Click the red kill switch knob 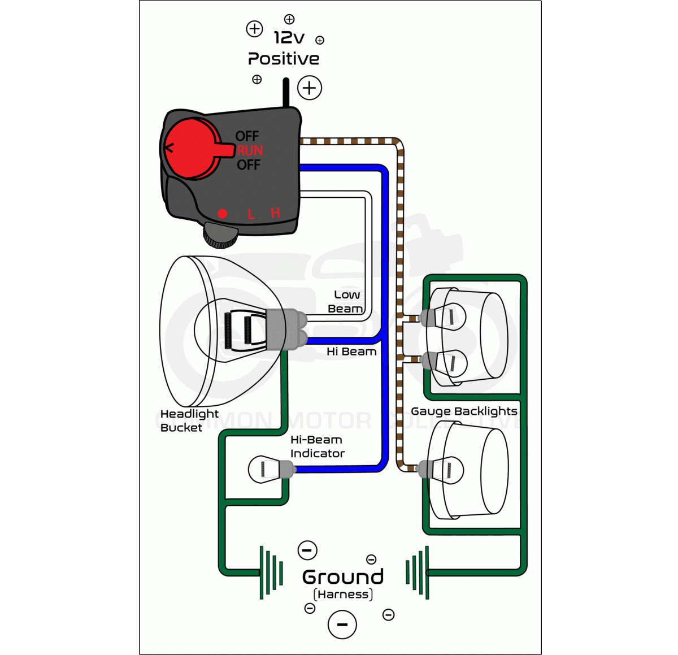click(190, 149)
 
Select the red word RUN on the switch click(250, 150)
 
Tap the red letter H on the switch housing click(275, 213)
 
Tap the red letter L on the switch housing click(251, 214)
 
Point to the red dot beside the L click(223, 214)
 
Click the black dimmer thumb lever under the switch click(220, 235)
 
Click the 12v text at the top click(289, 38)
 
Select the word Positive click(284, 59)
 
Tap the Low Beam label click(346, 302)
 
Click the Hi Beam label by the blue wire click(351, 352)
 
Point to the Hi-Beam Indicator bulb click(268, 469)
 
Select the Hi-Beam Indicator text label click(316, 446)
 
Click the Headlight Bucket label click(189, 420)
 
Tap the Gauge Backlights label click(464, 411)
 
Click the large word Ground click(343, 577)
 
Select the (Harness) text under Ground click(343, 595)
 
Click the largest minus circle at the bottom click(342, 624)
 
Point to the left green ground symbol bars click(271, 572)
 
